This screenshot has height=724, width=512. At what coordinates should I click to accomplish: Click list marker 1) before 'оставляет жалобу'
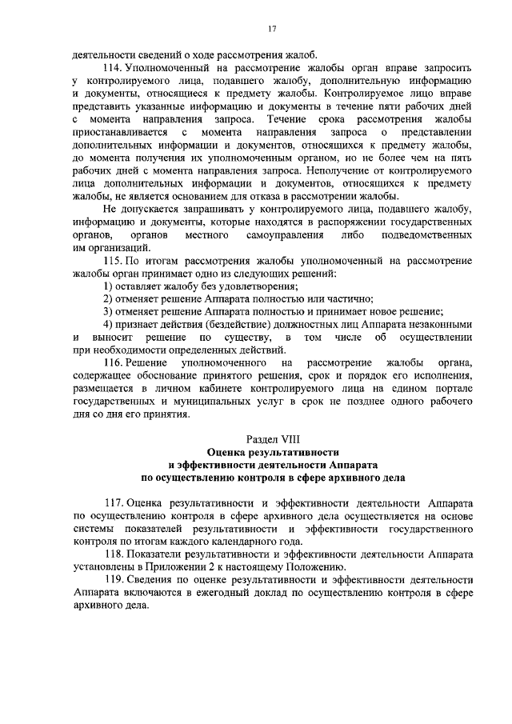[x=109, y=286]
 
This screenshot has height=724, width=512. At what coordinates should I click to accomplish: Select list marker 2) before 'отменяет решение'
[x=109, y=299]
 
